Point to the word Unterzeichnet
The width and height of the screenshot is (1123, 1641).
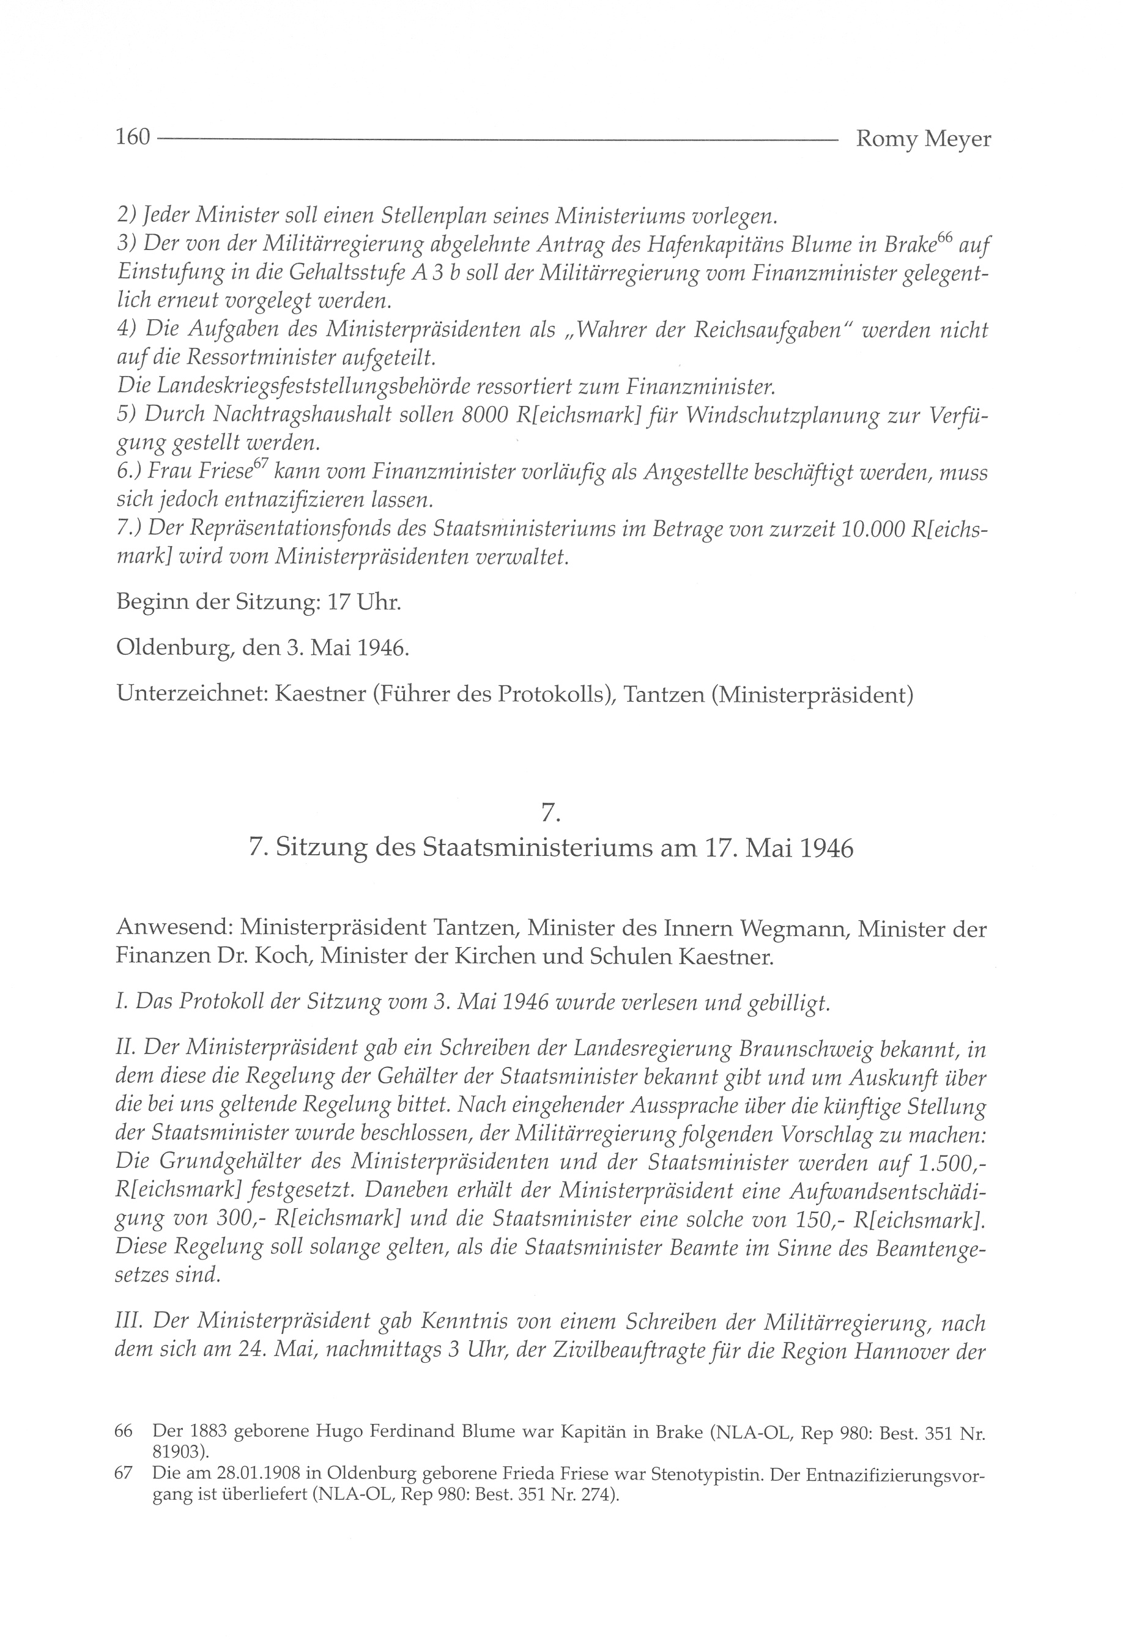pyautogui.click(x=191, y=695)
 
